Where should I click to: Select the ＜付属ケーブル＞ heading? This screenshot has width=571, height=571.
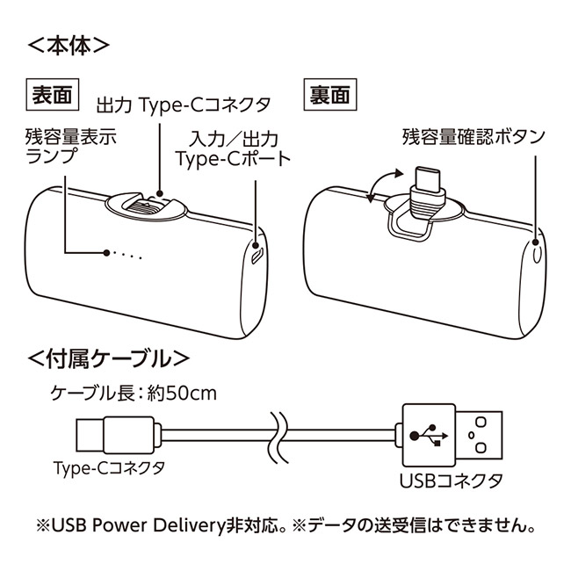pos(109,358)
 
